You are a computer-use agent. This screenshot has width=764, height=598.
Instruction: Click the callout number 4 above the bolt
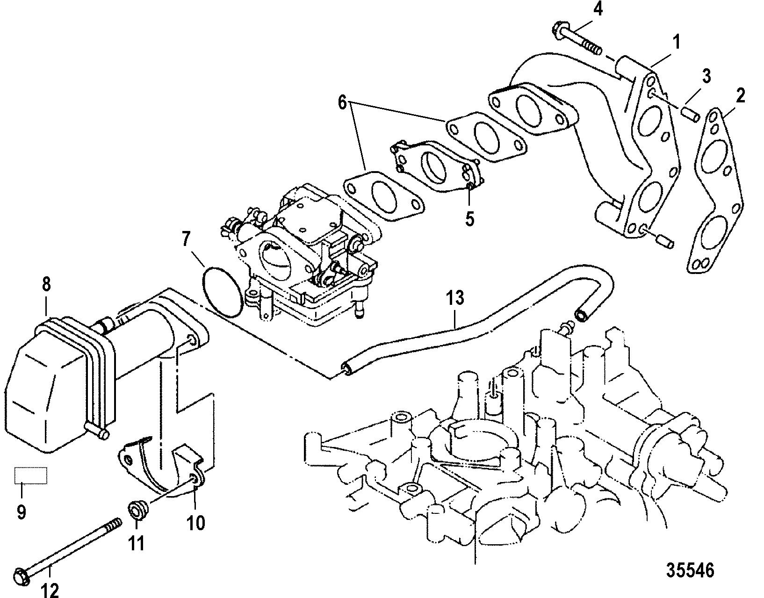[598, 9]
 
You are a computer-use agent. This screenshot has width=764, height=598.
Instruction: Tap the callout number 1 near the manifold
[676, 42]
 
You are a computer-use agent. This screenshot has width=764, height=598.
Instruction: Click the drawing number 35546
[690, 570]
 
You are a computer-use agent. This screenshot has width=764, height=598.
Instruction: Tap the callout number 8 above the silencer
[46, 284]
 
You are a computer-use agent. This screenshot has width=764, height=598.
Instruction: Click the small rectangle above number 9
[30, 476]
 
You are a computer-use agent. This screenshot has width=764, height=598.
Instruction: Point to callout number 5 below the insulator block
[470, 218]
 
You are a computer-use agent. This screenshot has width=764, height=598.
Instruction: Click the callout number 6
[343, 103]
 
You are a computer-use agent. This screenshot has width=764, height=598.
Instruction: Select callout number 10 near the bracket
[195, 523]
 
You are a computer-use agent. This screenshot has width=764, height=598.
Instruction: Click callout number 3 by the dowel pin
[706, 76]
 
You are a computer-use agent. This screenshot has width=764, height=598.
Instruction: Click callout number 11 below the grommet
[137, 543]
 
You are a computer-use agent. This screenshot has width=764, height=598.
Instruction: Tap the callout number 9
[22, 512]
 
